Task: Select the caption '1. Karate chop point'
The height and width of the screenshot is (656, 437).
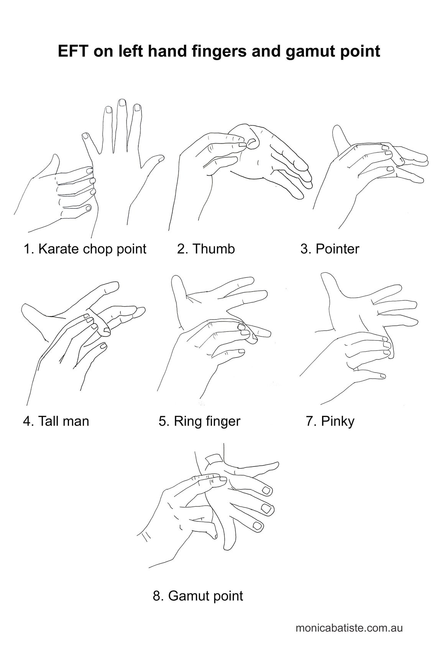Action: click(85, 249)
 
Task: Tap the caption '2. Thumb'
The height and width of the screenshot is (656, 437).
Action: click(206, 249)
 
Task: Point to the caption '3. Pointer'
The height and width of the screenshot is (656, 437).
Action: click(330, 249)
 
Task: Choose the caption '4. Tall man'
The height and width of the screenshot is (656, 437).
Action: click(56, 421)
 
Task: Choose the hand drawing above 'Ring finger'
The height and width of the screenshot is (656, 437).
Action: click(214, 337)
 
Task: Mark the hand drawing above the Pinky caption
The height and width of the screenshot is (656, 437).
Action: click(358, 337)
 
